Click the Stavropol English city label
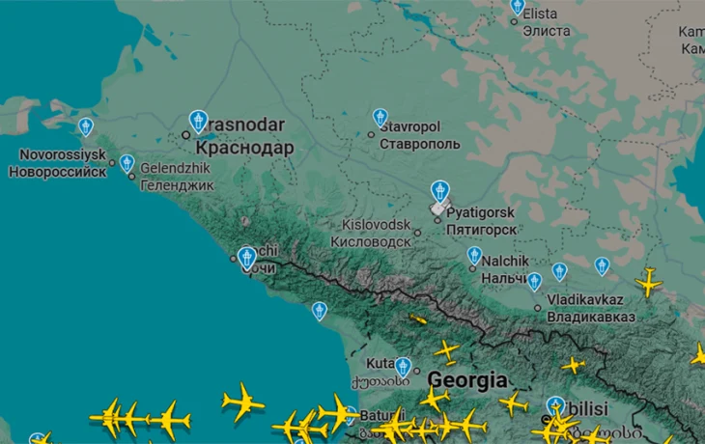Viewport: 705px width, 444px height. coord(409,127)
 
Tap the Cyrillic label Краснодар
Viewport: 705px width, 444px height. coord(244,148)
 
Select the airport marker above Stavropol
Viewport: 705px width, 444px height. coord(381,118)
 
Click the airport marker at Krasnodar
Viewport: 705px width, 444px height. coord(199,121)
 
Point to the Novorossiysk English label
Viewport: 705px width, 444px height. coord(63,154)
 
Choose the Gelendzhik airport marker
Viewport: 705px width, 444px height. coord(127,163)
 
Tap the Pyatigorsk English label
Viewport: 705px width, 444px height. coord(480,212)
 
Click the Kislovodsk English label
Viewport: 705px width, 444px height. coord(376,225)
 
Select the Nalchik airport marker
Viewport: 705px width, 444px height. coord(474,256)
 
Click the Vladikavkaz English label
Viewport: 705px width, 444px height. coord(585,300)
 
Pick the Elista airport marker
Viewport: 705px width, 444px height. coord(518,6)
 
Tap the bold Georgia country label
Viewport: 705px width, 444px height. coord(468,379)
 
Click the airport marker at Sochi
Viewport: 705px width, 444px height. coord(246,257)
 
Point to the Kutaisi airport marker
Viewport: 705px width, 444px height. coord(403,366)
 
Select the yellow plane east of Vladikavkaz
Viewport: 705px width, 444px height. coord(648,283)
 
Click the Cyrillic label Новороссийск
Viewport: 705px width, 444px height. coord(56,172)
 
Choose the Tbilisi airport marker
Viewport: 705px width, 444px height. coord(554,406)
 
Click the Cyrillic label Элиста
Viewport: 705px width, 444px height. coord(547,30)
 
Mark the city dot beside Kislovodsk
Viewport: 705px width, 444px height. coord(417,233)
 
